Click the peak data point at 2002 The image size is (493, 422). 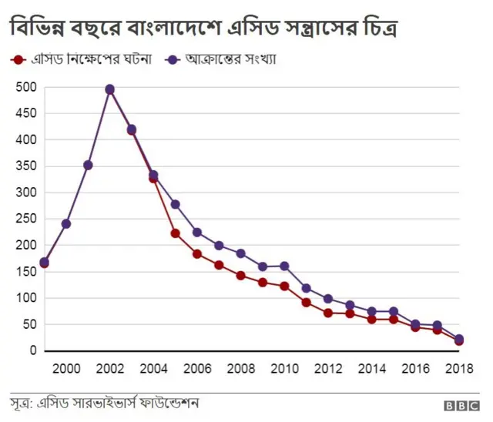(109, 89)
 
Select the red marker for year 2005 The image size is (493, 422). (175, 233)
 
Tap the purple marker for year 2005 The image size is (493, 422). (175, 204)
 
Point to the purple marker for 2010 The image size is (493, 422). (284, 266)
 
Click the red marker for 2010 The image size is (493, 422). (284, 286)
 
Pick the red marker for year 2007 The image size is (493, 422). (219, 265)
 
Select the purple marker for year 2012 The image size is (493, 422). (328, 299)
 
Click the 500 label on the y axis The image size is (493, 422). (26, 88)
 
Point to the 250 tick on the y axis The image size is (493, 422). (26, 219)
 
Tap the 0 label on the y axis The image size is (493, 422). (32, 351)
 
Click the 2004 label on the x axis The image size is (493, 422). (153, 368)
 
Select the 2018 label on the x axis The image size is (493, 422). (459, 368)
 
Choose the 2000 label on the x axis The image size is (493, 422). (65, 368)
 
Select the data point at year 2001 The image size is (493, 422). (88, 166)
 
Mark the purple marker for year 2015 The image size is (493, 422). (394, 312)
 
